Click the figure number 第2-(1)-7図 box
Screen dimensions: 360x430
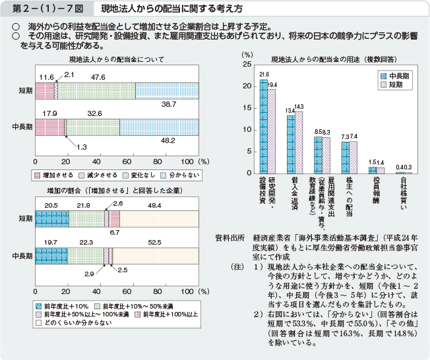42,9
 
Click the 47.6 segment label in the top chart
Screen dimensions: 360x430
98,77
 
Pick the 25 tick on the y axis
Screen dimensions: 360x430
246,65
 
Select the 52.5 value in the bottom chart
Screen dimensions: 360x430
173,243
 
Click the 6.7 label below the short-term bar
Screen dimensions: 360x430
115,233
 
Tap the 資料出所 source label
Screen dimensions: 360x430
230,236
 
